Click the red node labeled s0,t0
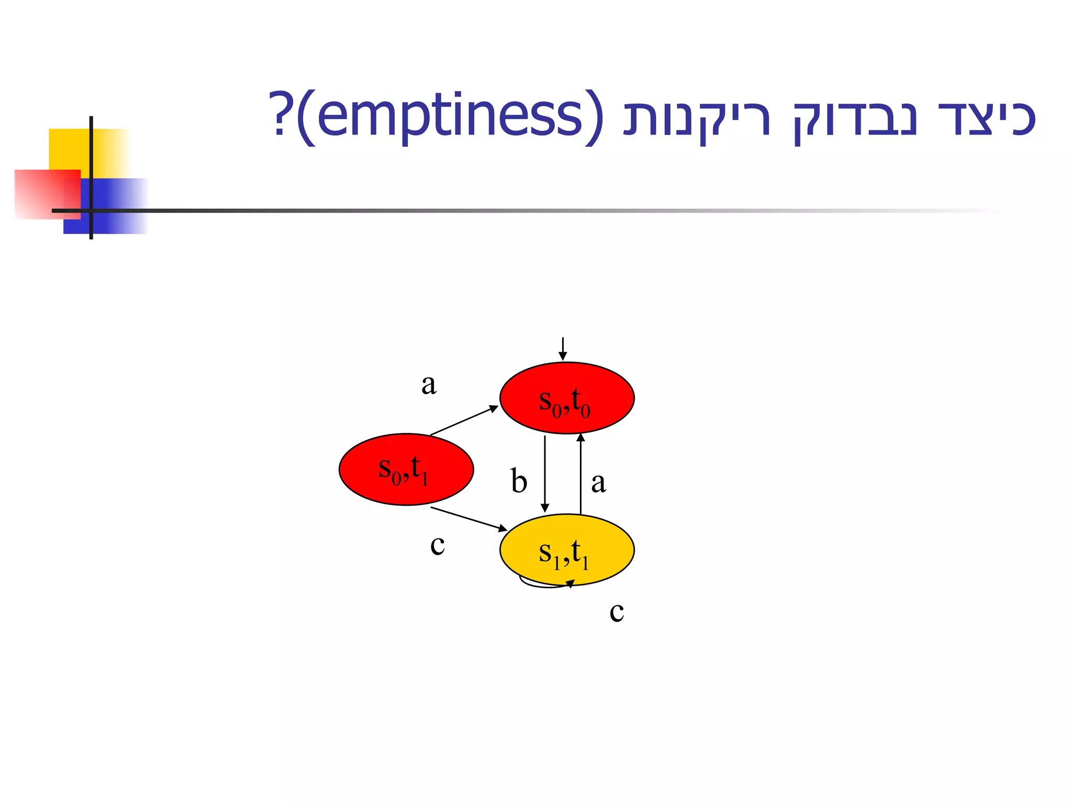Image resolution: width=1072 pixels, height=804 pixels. (x=567, y=398)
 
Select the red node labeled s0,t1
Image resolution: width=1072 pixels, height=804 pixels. (x=406, y=469)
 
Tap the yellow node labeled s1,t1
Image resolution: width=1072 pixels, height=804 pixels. (x=567, y=549)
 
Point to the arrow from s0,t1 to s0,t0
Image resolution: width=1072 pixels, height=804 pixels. (x=464, y=420)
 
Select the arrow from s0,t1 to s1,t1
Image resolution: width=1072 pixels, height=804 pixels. (x=468, y=519)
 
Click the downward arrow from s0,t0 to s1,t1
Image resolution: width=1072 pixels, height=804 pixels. (x=545, y=474)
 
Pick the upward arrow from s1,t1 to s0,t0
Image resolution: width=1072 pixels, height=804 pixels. (x=580, y=474)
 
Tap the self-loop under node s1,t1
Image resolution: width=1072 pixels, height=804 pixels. (x=544, y=585)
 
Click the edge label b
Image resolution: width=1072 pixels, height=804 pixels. (x=519, y=481)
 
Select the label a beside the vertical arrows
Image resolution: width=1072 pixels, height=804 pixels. (x=598, y=482)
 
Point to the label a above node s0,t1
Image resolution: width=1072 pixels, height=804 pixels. (x=429, y=385)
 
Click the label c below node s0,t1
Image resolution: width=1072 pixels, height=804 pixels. (x=438, y=545)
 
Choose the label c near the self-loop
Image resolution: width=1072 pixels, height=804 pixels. (x=617, y=611)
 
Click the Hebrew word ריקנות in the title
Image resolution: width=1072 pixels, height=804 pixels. (x=697, y=118)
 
